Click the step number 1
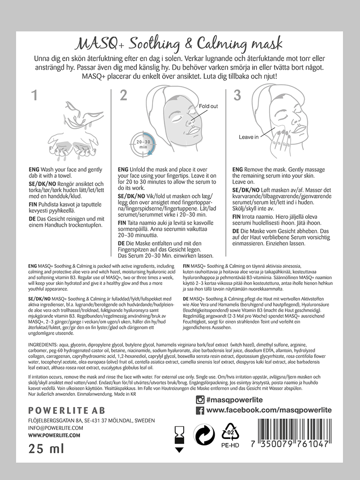tap(34, 96)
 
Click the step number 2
tap(123, 95)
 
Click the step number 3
tap(237, 95)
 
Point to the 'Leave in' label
tap(248, 137)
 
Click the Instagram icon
tap(200, 399)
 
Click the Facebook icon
tap(200, 410)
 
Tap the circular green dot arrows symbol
tap(204, 435)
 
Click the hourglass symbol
tap(180, 435)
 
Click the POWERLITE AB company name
tap(59, 410)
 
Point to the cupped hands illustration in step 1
tap(73, 147)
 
